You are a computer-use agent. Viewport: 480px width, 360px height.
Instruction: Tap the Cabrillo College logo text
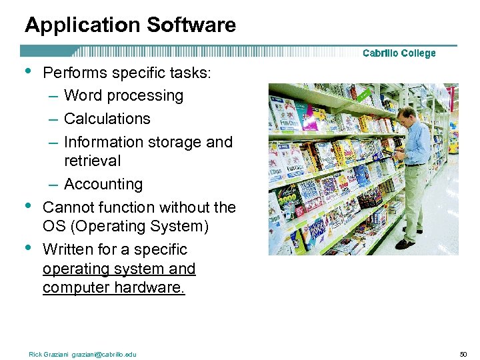point(399,53)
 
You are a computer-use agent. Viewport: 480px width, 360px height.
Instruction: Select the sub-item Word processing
point(123,95)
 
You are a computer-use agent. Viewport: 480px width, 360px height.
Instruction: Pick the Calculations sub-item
point(107,119)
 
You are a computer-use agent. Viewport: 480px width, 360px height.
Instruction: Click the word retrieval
point(93,161)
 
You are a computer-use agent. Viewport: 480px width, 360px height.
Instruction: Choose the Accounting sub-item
point(103,184)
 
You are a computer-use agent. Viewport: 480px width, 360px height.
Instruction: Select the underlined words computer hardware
point(113,287)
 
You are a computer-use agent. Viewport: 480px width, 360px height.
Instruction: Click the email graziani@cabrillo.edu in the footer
point(104,354)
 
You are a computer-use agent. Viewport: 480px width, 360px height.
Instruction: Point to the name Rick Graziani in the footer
point(49,354)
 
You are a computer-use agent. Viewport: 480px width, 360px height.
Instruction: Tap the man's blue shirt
point(417,143)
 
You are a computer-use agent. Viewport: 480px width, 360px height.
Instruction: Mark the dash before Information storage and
point(53,142)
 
